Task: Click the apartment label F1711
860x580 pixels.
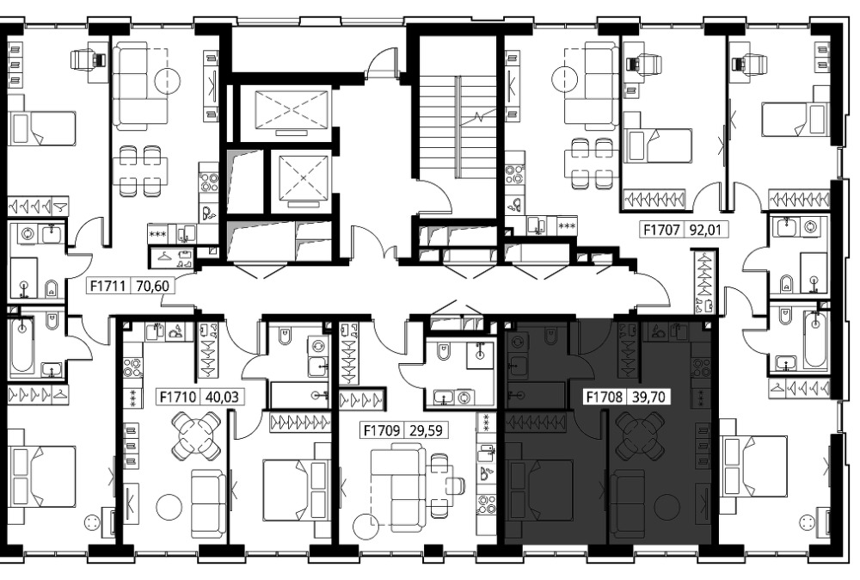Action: (x=108, y=286)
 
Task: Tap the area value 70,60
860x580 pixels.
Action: (x=152, y=286)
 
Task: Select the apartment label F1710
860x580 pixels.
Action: (x=178, y=396)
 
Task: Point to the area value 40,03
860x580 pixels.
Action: (x=222, y=396)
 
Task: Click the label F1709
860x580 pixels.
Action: (x=382, y=429)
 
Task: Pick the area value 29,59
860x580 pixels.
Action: (x=426, y=429)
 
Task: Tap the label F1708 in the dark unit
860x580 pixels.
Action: (x=605, y=397)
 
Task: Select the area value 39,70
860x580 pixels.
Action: (x=648, y=397)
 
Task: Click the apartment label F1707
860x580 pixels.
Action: (x=661, y=230)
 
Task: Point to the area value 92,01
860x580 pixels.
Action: (x=705, y=230)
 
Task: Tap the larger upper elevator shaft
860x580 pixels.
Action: (x=292, y=110)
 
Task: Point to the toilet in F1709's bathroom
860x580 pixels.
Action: (x=443, y=352)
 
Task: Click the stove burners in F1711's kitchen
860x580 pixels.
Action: (x=208, y=182)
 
